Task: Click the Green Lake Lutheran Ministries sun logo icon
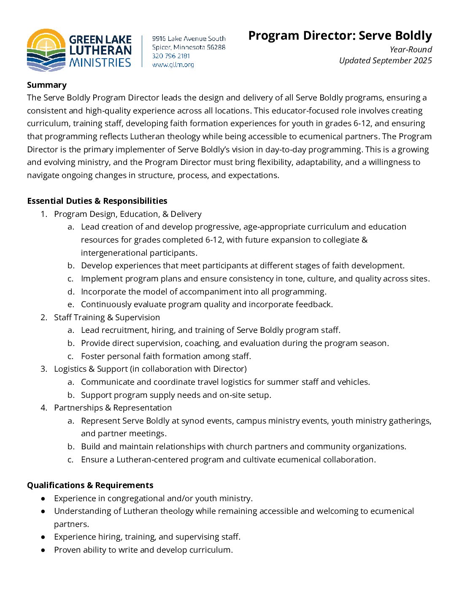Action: [46, 50]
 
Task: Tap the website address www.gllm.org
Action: [173, 65]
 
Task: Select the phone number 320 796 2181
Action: [171, 56]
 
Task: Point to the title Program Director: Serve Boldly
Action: [340, 35]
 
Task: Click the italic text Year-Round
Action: [410, 49]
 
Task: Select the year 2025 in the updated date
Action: [423, 60]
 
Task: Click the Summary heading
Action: [47, 85]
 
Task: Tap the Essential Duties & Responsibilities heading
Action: [97, 201]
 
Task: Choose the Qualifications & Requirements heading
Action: [90, 485]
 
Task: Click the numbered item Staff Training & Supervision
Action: [107, 317]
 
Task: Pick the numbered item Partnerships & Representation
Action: [113, 408]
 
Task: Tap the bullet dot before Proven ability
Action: [43, 550]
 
